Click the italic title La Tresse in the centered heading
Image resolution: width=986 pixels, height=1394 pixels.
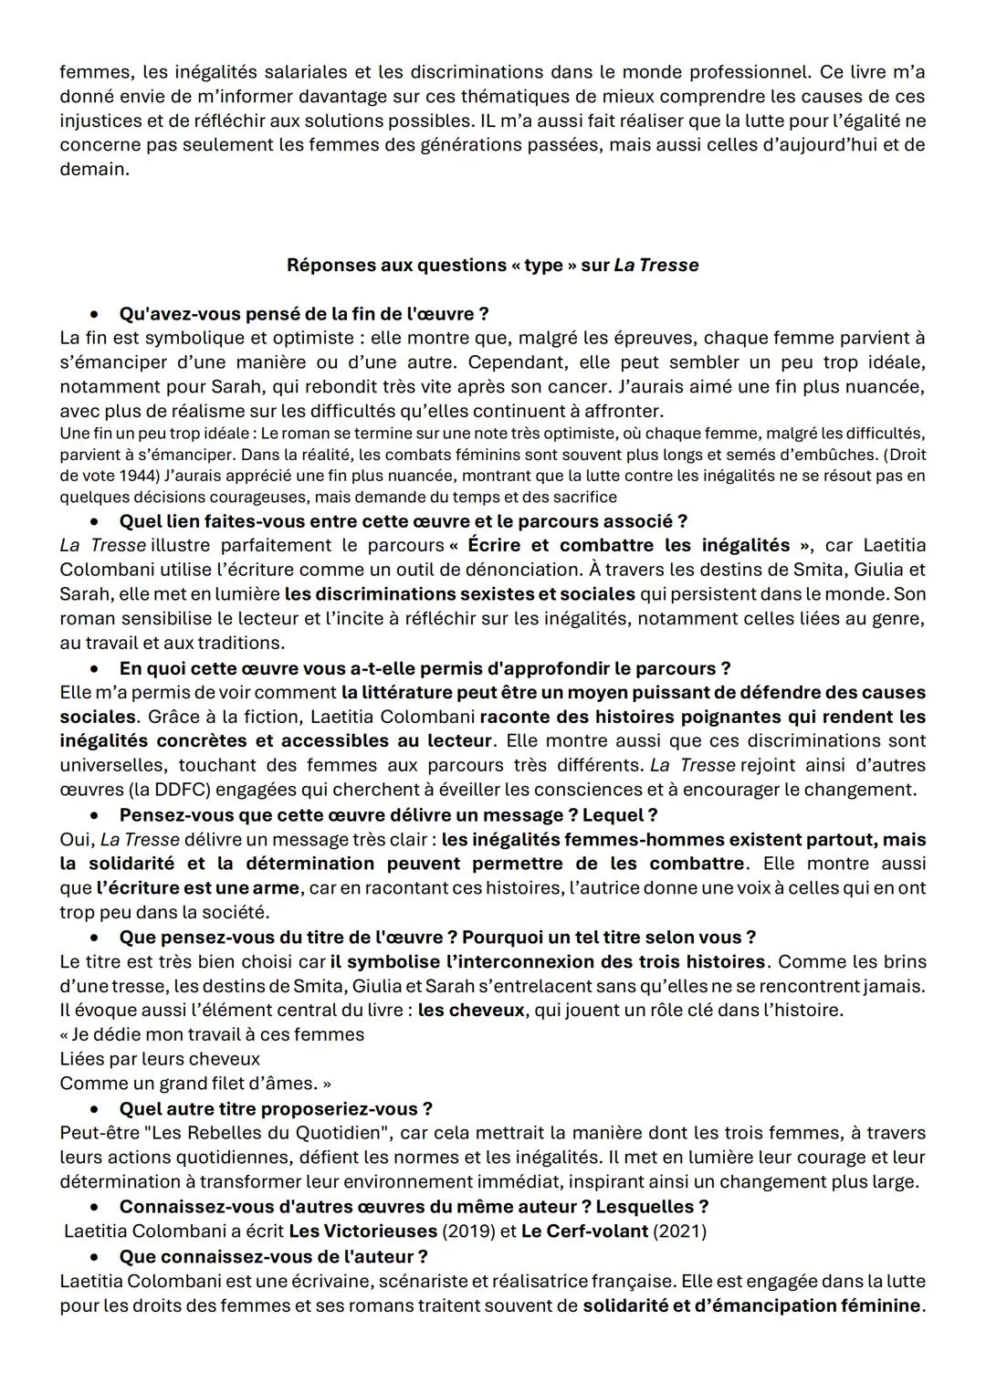(x=656, y=266)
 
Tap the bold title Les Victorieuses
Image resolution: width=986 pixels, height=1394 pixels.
(x=362, y=1231)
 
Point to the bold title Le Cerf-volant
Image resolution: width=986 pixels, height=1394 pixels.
(x=584, y=1231)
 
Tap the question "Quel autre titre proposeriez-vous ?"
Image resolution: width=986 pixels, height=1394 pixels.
(x=276, y=1108)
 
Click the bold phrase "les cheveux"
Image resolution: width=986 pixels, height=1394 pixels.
(x=470, y=1011)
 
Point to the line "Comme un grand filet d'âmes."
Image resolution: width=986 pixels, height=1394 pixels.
(x=195, y=1084)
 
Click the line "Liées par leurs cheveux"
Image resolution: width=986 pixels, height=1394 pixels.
(x=160, y=1059)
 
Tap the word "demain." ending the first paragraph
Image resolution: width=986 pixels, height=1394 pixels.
(x=94, y=170)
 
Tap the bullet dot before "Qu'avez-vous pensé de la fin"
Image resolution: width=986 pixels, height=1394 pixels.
(x=94, y=315)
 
